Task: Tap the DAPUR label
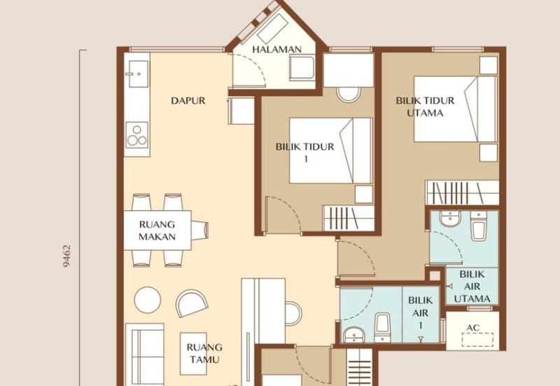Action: click(x=188, y=101)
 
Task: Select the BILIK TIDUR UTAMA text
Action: click(x=425, y=106)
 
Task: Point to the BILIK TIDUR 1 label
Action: click(x=305, y=152)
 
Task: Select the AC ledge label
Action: click(x=473, y=327)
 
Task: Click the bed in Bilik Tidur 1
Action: click(x=330, y=150)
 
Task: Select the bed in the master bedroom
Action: click(x=454, y=108)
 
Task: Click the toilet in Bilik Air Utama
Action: click(x=479, y=227)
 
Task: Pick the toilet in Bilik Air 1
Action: click(x=382, y=325)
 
